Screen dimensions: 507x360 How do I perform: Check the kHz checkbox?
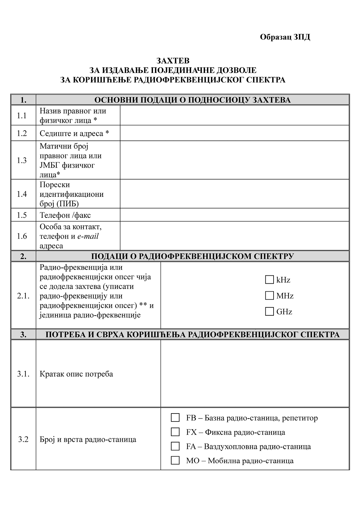269,280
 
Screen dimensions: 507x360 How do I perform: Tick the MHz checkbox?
269,296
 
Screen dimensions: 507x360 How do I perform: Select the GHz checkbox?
269,311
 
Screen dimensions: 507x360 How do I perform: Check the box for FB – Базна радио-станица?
175,418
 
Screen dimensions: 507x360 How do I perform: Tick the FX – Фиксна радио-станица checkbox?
175,432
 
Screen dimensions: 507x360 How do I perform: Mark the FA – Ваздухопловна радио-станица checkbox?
175,446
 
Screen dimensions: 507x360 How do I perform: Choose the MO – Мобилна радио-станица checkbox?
175,460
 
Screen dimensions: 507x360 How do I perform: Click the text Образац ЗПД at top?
285,37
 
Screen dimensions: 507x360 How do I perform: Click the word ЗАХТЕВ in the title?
173,61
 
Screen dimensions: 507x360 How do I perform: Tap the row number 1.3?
22,160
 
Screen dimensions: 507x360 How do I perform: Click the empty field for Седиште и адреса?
234,133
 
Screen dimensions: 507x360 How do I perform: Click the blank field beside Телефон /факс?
234,215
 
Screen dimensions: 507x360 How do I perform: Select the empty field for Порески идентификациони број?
234,194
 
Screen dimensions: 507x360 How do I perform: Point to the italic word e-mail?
88,236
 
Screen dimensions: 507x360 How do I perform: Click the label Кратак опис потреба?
76,374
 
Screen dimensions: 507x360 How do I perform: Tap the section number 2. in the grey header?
23,256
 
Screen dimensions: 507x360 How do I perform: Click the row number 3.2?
23,439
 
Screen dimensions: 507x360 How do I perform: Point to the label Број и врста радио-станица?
88,440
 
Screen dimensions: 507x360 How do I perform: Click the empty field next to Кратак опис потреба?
255,374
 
